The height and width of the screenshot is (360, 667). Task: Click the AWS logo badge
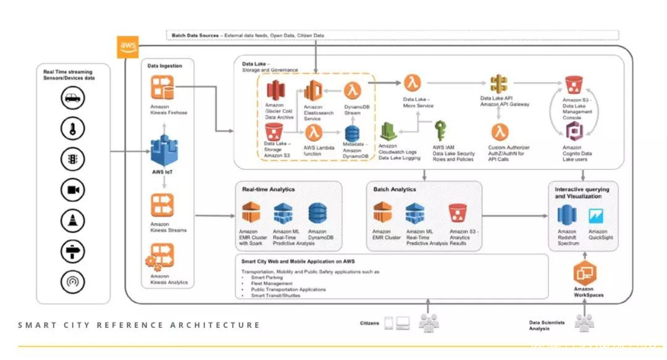(x=128, y=46)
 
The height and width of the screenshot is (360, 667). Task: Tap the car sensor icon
(x=73, y=98)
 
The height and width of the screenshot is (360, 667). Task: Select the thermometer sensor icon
(x=73, y=129)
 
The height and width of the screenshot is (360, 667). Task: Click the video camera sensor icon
(x=73, y=190)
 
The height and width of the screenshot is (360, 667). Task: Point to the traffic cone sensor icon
(x=73, y=220)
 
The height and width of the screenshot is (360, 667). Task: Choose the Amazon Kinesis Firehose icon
(x=162, y=88)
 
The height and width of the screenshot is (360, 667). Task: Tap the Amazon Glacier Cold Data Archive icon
(x=274, y=91)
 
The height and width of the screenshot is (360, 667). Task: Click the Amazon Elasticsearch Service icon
(x=313, y=91)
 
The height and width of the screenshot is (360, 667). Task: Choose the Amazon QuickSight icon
(x=597, y=217)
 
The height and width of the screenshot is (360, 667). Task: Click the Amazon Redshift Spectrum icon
(x=566, y=216)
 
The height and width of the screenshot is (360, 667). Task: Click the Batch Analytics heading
(x=395, y=189)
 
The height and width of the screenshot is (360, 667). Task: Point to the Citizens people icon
(x=429, y=322)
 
